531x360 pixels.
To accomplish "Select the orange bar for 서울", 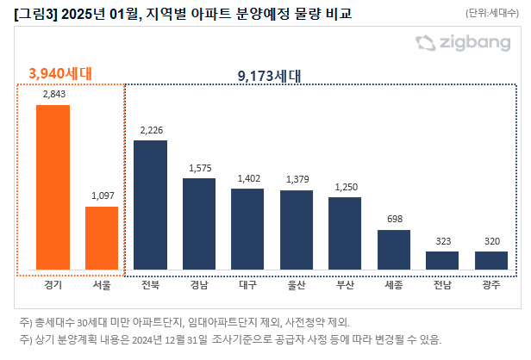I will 102,237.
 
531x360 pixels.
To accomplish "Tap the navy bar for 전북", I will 150,204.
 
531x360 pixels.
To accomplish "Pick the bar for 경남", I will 199,223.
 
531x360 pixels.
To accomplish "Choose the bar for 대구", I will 247,228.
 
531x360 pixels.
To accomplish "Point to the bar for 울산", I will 297,229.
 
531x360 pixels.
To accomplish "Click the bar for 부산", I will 345,233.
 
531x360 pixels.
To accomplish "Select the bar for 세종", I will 394,249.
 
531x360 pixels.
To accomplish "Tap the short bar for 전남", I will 443,259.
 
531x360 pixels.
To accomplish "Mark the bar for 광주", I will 491,259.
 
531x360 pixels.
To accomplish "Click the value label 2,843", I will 53,94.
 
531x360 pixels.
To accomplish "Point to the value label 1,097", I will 102,196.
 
